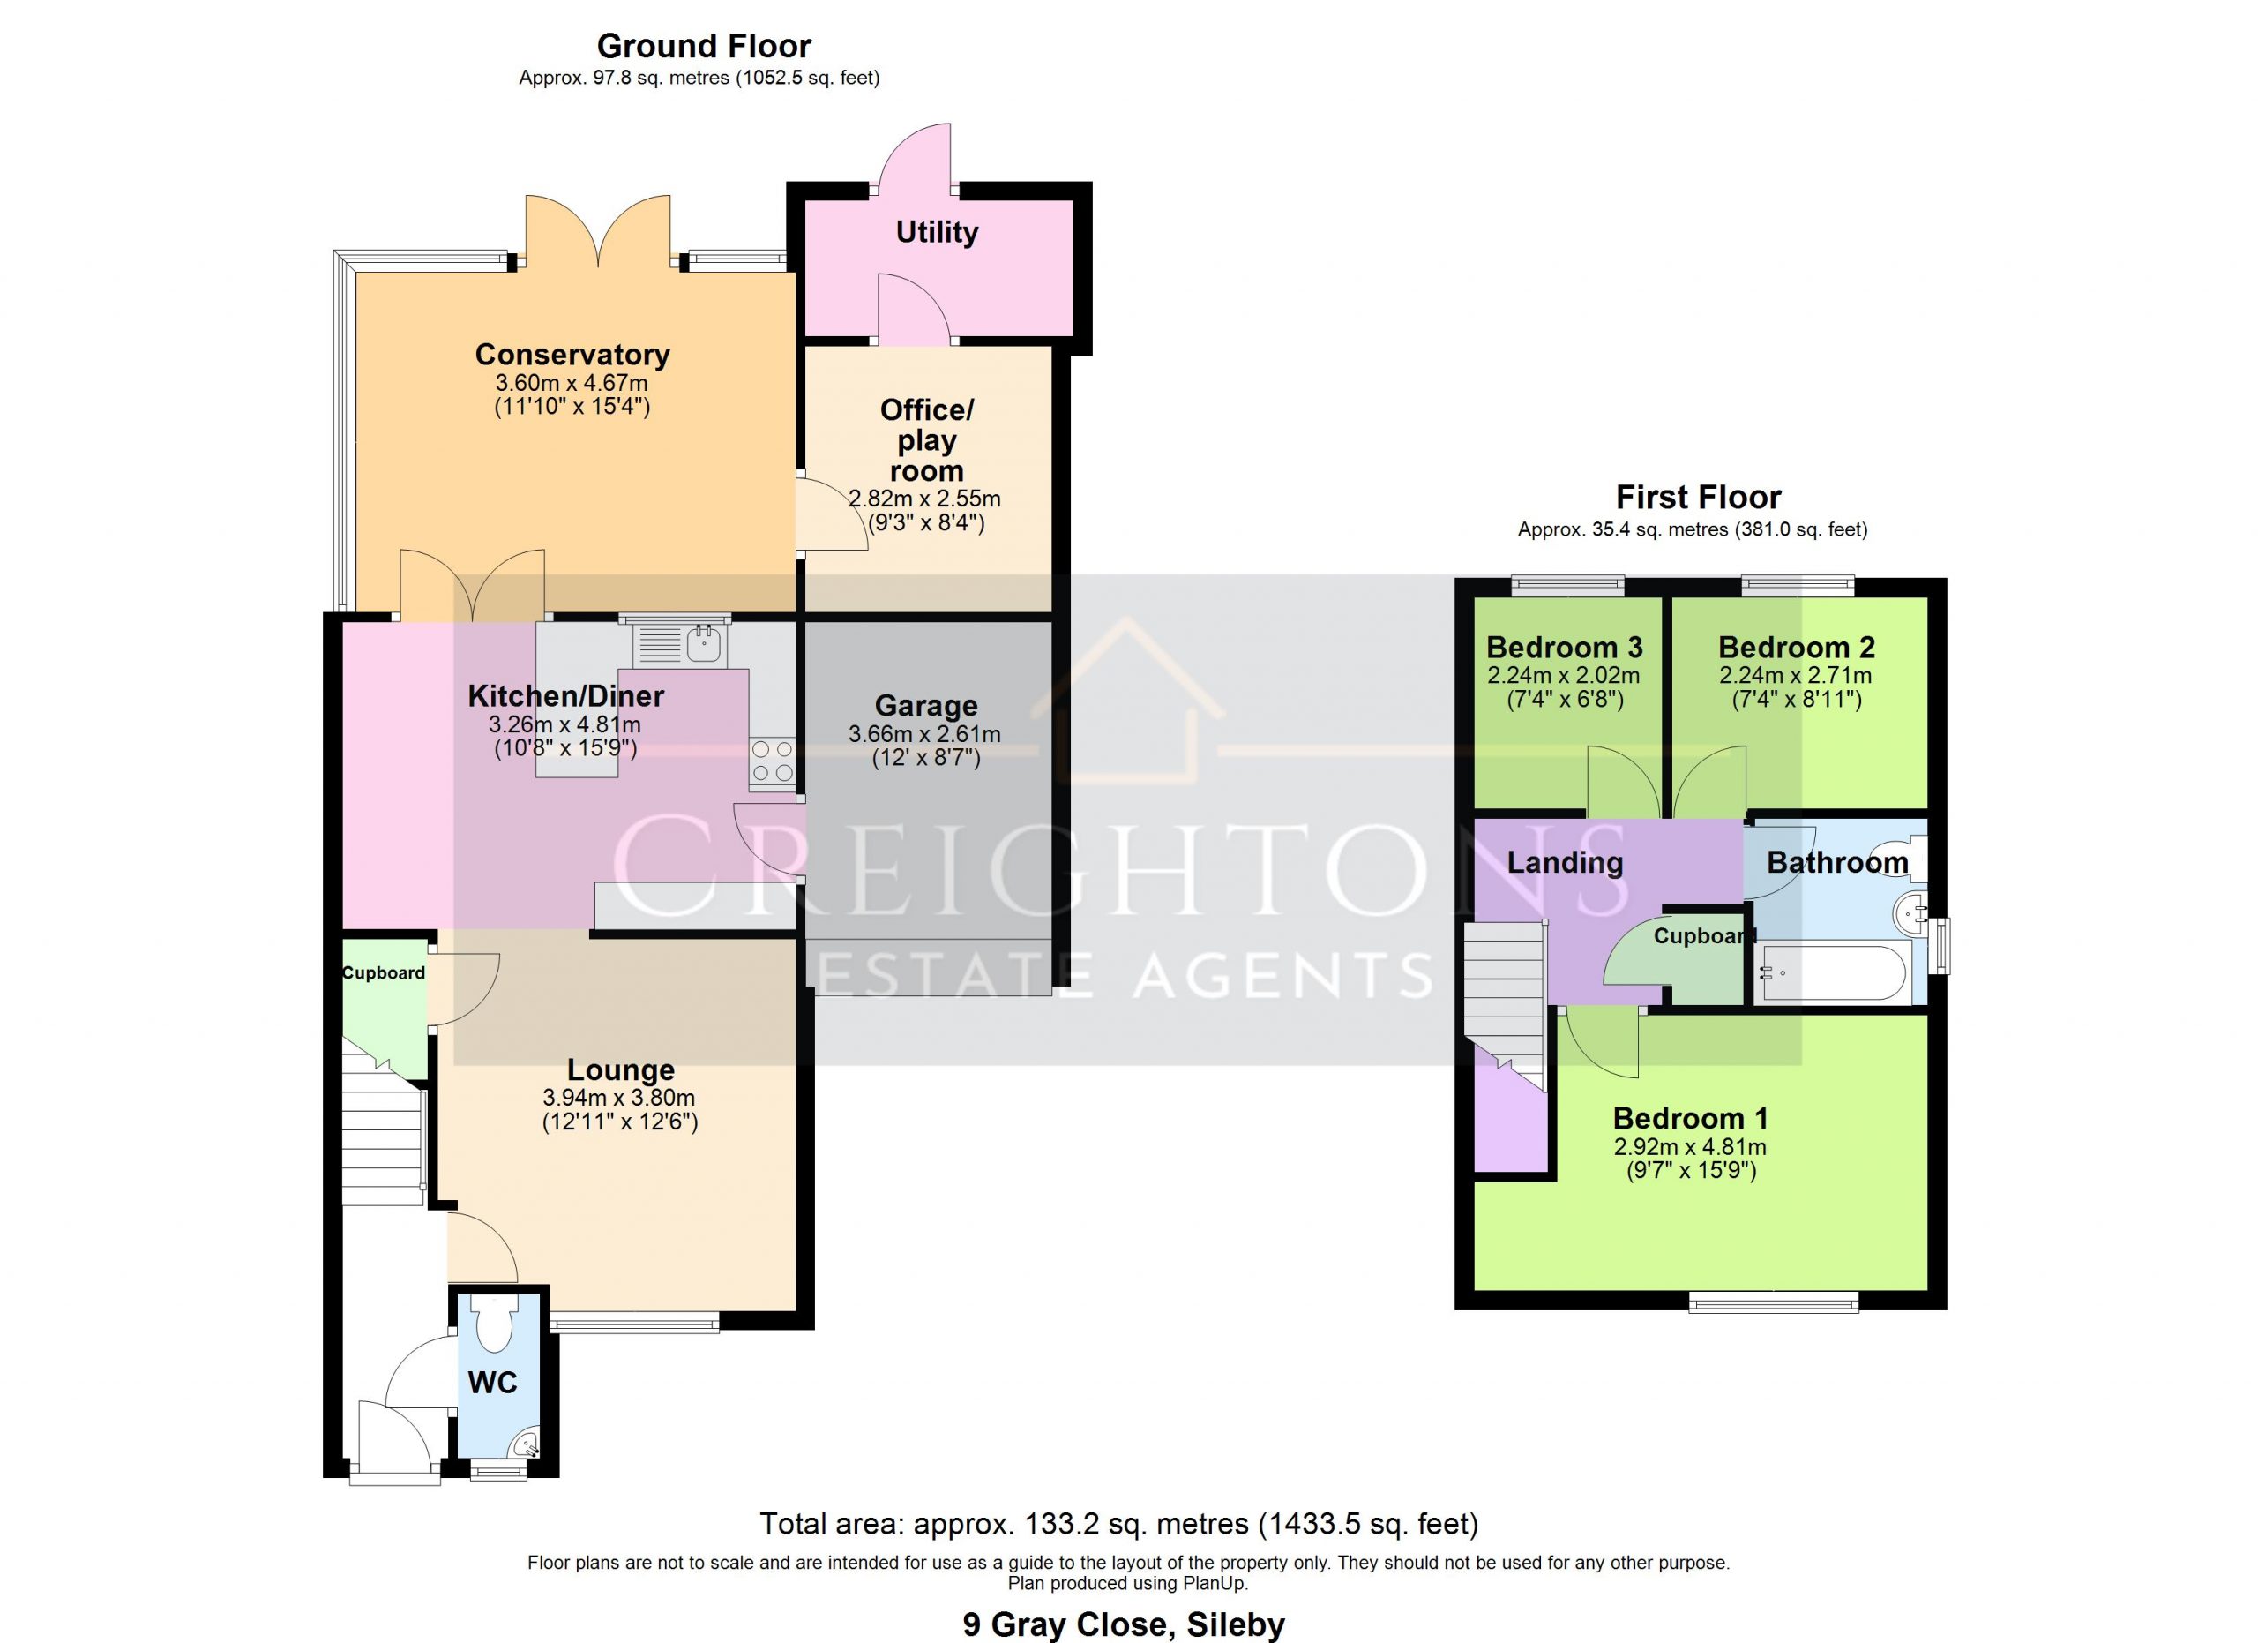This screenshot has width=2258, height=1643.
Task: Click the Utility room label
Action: (x=937, y=232)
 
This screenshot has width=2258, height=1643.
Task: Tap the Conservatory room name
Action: (x=572, y=355)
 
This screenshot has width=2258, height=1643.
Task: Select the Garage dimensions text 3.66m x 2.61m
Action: (x=925, y=734)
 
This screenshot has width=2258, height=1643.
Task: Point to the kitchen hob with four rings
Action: (x=773, y=761)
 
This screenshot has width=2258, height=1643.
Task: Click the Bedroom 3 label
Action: (x=1564, y=648)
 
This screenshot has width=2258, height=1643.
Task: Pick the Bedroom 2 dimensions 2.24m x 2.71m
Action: (x=1796, y=675)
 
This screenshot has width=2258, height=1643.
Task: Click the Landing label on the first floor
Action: (x=1565, y=862)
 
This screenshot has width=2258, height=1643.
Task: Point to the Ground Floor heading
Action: (x=704, y=46)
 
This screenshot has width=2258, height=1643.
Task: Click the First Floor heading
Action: (x=1699, y=497)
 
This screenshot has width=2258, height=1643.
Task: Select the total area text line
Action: (x=1119, y=1525)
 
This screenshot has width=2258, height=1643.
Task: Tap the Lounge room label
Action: (x=620, y=1069)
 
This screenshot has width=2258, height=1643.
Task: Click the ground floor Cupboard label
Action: (x=384, y=973)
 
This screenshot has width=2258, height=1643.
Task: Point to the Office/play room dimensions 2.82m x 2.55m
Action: (x=925, y=498)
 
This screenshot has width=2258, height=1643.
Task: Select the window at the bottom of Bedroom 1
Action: (x=1773, y=1302)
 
